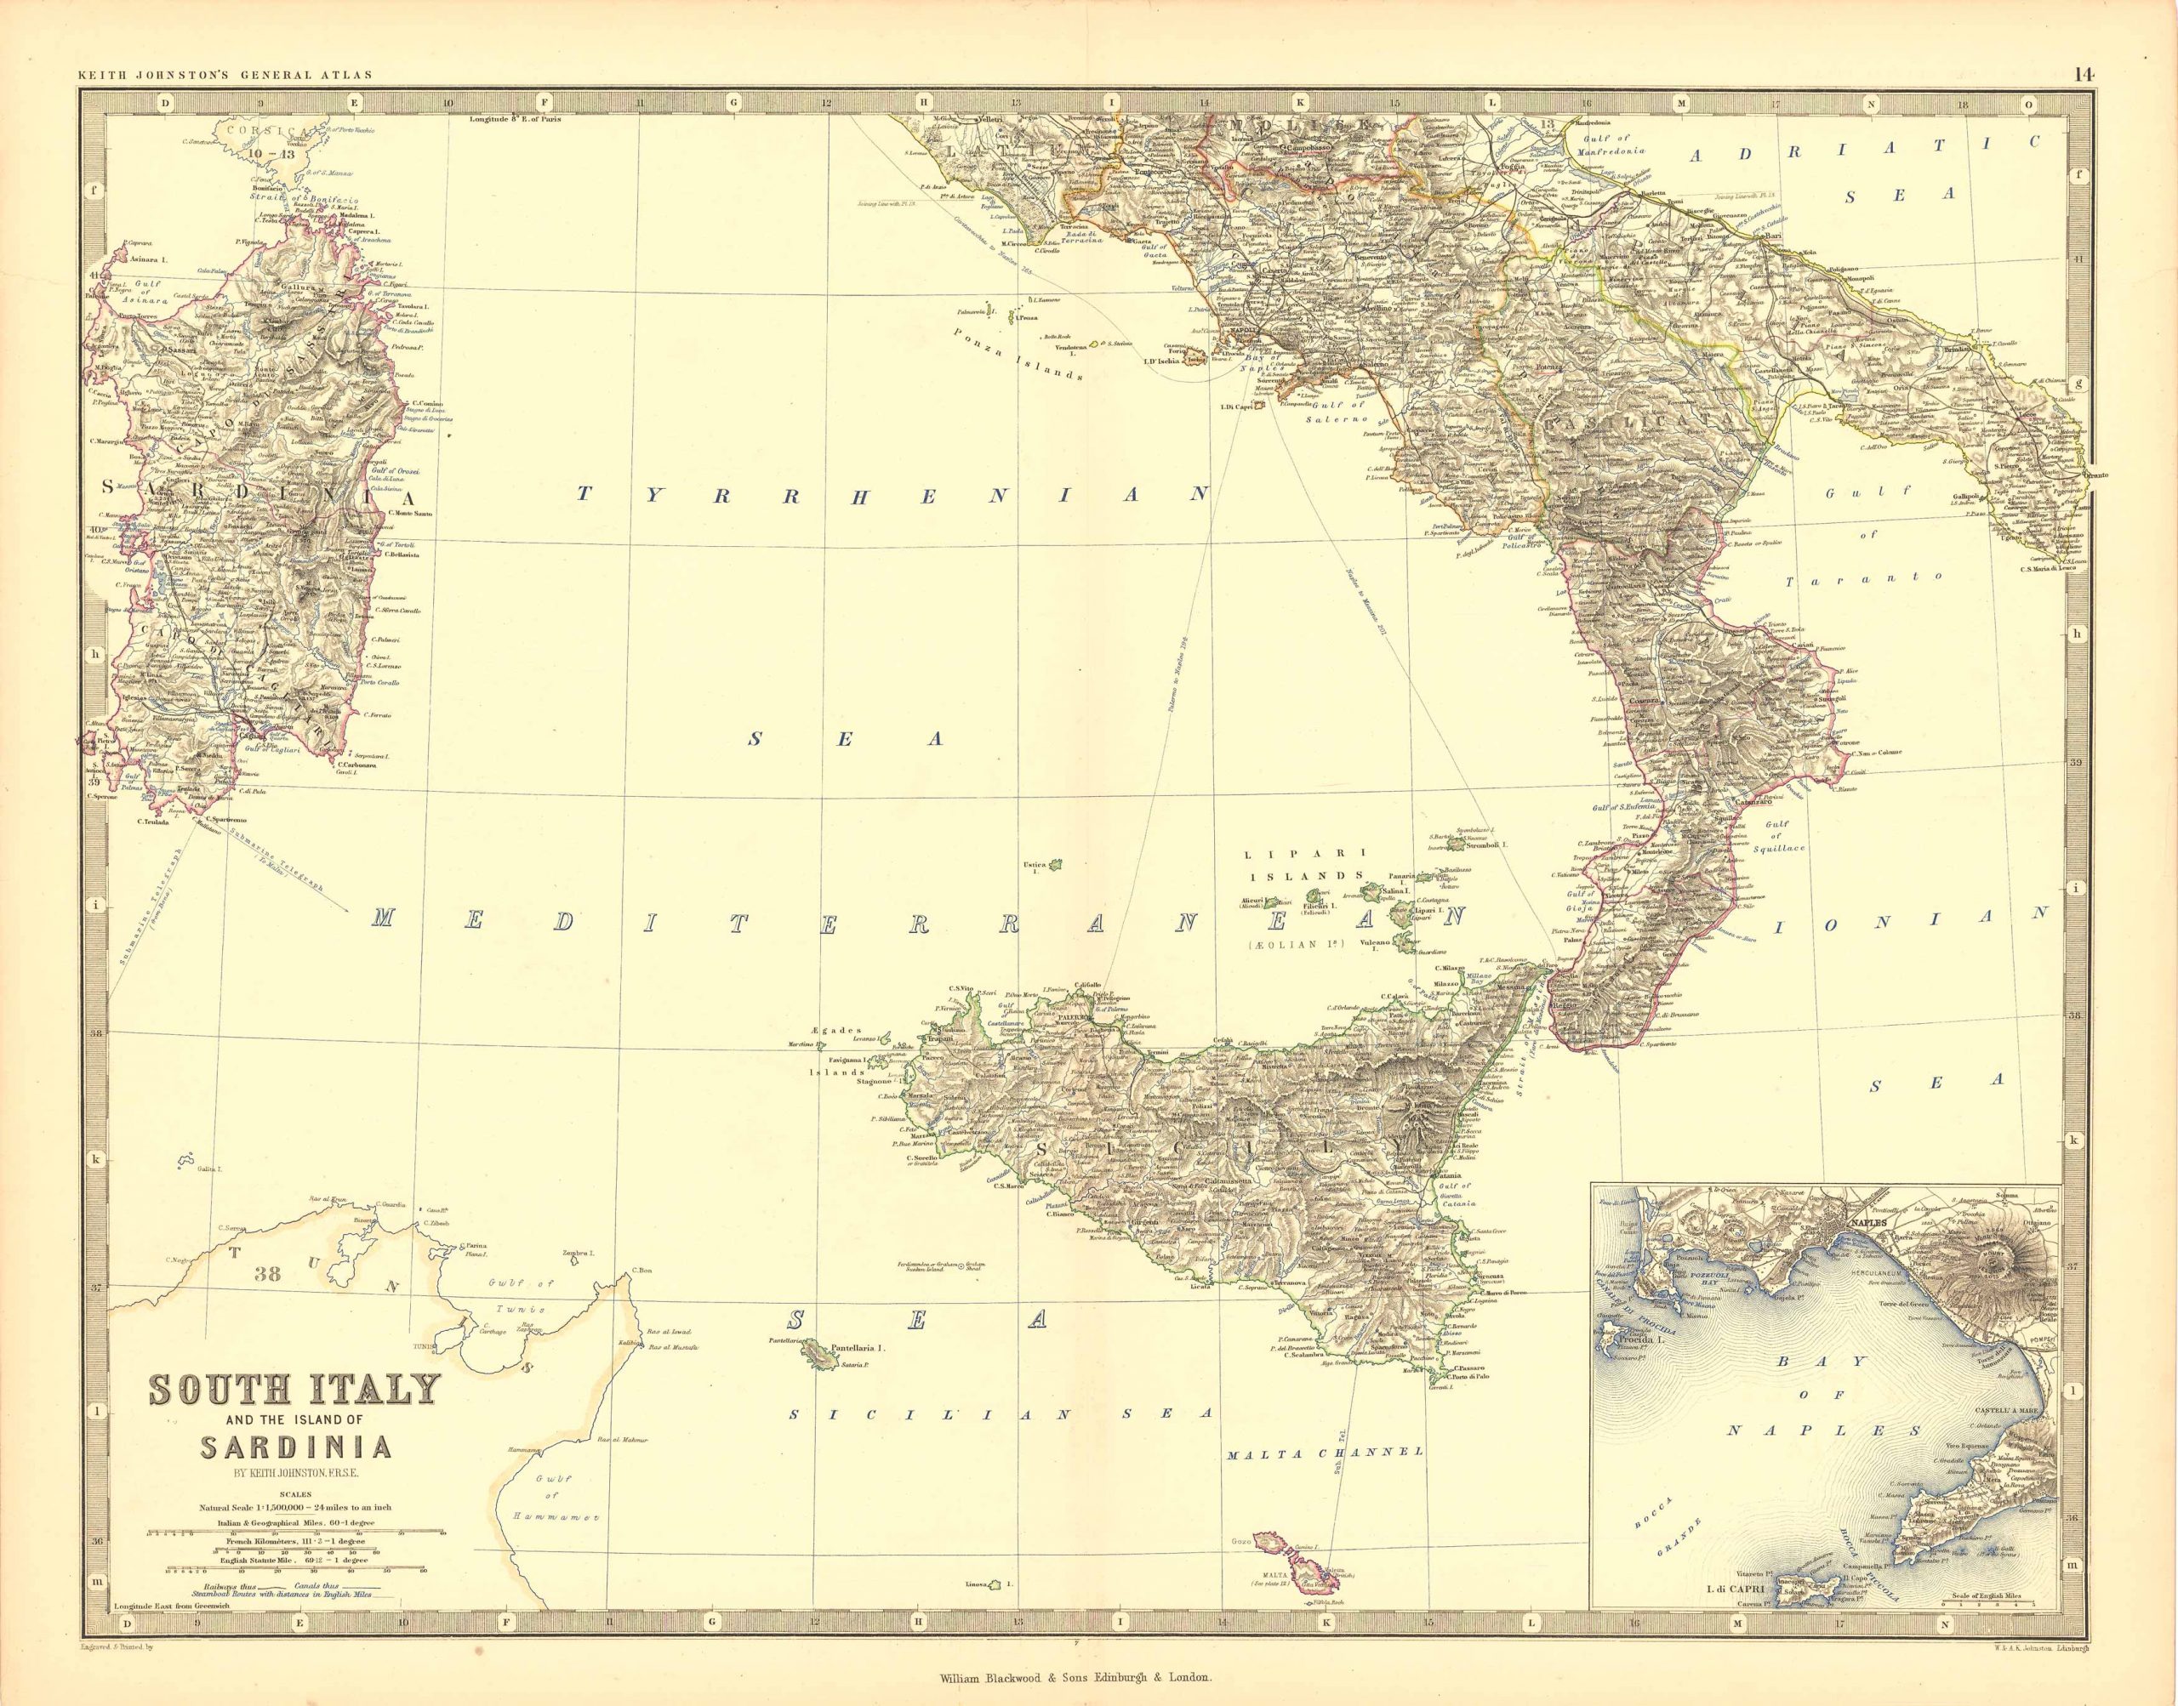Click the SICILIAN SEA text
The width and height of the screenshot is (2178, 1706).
coord(1000,1414)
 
